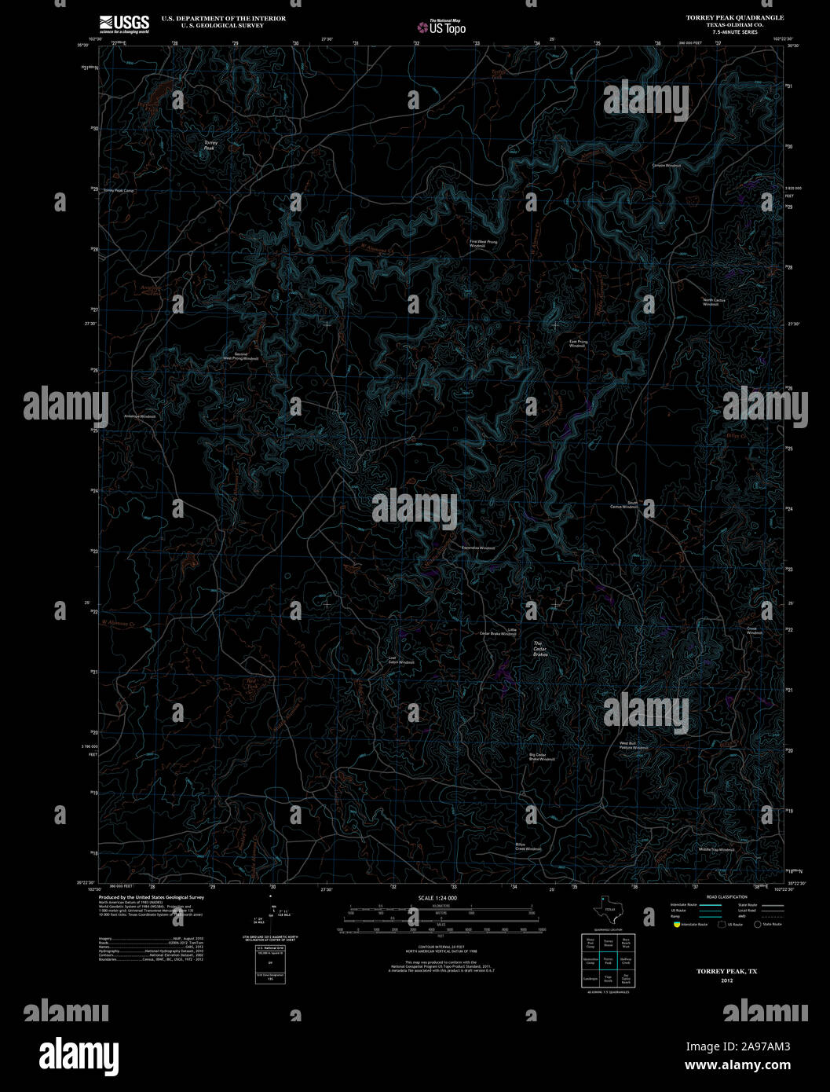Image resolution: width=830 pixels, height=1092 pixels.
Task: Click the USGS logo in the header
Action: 124,24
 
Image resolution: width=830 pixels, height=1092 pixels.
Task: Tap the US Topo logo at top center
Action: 441,27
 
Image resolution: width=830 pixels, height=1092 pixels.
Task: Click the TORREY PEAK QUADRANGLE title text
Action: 734,17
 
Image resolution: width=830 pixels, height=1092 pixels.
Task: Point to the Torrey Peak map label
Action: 210,145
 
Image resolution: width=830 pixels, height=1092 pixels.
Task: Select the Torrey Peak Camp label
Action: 119,191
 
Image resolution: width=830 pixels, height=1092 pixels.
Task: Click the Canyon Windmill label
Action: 666,165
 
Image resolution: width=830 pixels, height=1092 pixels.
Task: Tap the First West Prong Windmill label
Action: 483,244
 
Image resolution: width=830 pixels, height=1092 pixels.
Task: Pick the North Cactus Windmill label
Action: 711,302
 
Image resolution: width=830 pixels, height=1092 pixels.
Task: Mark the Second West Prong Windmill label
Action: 240,356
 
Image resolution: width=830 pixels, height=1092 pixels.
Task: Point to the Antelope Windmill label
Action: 141,416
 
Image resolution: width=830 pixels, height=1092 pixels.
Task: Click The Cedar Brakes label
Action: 539,648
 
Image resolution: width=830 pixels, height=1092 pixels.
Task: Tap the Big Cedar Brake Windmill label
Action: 542,757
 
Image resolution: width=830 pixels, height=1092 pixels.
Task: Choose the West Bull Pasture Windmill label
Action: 634,745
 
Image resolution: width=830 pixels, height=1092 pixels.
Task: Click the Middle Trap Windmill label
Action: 716,849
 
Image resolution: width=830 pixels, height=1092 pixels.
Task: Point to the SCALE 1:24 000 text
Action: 437,897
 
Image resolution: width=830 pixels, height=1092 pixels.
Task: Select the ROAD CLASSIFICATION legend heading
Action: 726,896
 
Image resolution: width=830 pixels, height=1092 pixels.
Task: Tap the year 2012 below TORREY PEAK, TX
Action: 726,980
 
